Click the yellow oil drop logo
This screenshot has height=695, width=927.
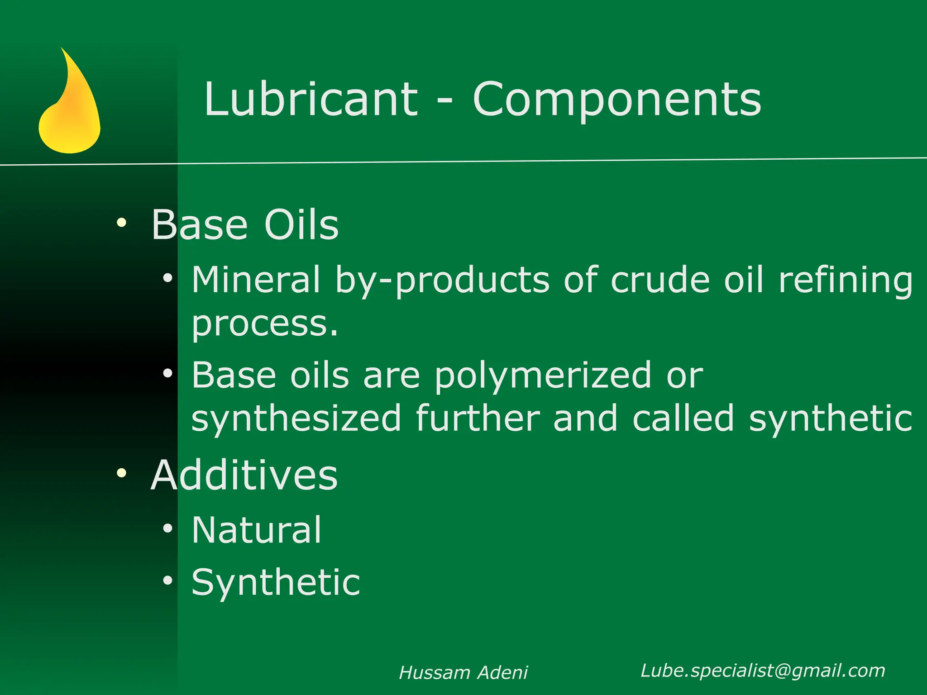(70, 109)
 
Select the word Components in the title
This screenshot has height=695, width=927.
(617, 100)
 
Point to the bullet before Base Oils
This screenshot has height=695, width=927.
(121, 223)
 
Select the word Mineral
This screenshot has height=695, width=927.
(256, 280)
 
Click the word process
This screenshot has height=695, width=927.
(264, 324)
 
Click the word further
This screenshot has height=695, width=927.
(478, 418)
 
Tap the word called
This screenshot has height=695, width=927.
(683, 418)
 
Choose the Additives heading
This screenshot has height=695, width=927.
(244, 475)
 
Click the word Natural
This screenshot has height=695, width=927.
(257, 530)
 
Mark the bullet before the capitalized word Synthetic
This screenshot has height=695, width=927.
(168, 581)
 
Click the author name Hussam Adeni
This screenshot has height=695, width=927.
(463, 673)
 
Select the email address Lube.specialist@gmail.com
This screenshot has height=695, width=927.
(763, 671)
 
